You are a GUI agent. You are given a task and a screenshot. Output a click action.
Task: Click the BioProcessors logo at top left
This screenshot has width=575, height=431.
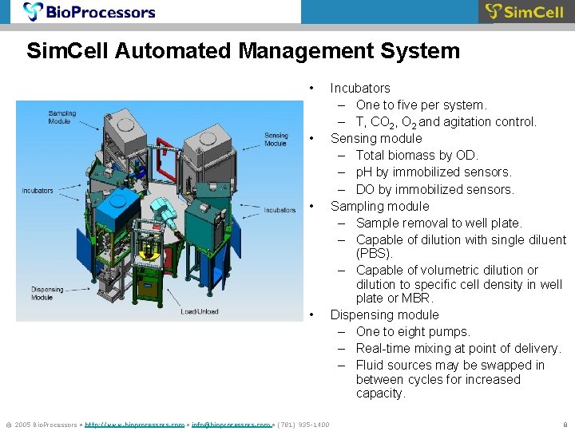[x=89, y=12]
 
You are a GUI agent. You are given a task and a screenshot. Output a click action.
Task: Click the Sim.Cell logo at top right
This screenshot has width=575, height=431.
[x=525, y=12]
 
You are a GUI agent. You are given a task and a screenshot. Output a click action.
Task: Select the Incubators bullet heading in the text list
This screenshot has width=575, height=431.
[x=360, y=88]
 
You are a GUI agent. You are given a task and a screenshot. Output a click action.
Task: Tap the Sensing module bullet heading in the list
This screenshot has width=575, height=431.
[x=376, y=138]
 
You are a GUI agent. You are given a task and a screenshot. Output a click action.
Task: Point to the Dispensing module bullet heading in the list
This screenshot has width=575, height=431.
[x=384, y=314]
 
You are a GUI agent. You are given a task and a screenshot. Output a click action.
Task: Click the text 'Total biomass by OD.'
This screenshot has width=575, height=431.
[x=417, y=155]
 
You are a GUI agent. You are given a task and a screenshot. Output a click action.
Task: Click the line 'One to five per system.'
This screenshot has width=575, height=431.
[x=421, y=105]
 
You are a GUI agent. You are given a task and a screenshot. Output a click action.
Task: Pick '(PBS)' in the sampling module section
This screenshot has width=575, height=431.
[x=375, y=254]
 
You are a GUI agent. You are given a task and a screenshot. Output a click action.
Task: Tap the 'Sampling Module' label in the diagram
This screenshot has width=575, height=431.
[x=62, y=117]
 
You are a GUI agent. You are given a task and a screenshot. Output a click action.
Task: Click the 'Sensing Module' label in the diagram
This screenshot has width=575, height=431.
[x=276, y=140]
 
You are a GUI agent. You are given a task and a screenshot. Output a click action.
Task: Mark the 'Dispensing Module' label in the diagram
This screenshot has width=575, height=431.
[x=47, y=293]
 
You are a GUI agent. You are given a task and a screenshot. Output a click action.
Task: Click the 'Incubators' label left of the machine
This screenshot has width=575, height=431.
[x=38, y=191]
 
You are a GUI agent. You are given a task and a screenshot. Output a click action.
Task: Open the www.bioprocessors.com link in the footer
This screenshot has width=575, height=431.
[x=134, y=425]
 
